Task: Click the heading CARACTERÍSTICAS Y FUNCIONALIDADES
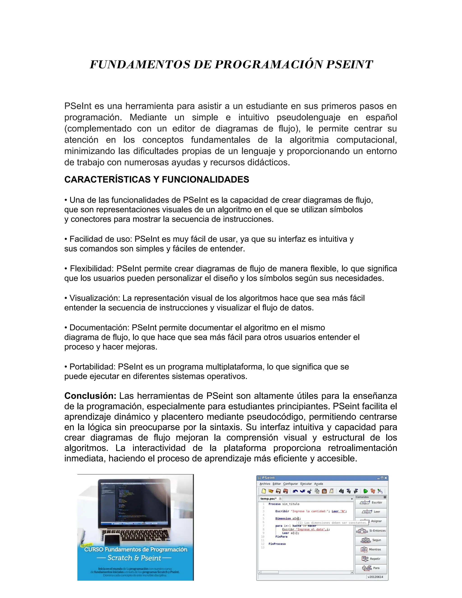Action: (x=157, y=180)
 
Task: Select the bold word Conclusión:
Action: (x=90, y=396)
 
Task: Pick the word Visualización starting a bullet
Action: (x=95, y=298)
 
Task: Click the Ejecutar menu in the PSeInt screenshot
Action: (x=306, y=484)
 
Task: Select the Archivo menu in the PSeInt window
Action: (x=265, y=484)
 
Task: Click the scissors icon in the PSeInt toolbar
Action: (x=310, y=491)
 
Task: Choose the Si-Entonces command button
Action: (x=371, y=531)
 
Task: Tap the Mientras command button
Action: (x=371, y=549)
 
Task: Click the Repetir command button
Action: (x=371, y=559)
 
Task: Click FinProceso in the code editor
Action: (x=277, y=544)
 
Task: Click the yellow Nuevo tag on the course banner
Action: (x=86, y=545)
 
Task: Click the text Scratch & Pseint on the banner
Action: (x=134, y=558)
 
